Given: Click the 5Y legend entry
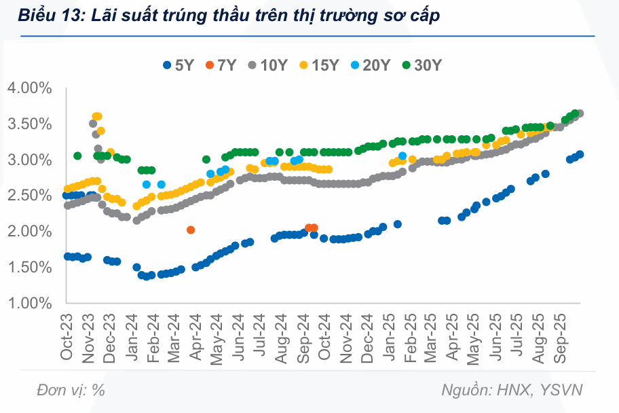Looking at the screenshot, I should [179, 65].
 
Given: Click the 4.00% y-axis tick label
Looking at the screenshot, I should [30, 88].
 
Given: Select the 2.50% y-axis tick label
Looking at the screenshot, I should [30, 196].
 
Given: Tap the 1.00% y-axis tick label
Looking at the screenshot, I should [30, 303].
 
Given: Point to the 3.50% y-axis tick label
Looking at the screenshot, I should [30, 124].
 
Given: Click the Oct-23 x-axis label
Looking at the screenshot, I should [67, 337].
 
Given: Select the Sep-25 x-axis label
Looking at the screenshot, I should [562, 337].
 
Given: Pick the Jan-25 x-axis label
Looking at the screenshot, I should [390, 337].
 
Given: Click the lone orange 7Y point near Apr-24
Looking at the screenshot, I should [191, 230].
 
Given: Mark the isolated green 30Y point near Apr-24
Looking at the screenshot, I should [206, 160].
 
